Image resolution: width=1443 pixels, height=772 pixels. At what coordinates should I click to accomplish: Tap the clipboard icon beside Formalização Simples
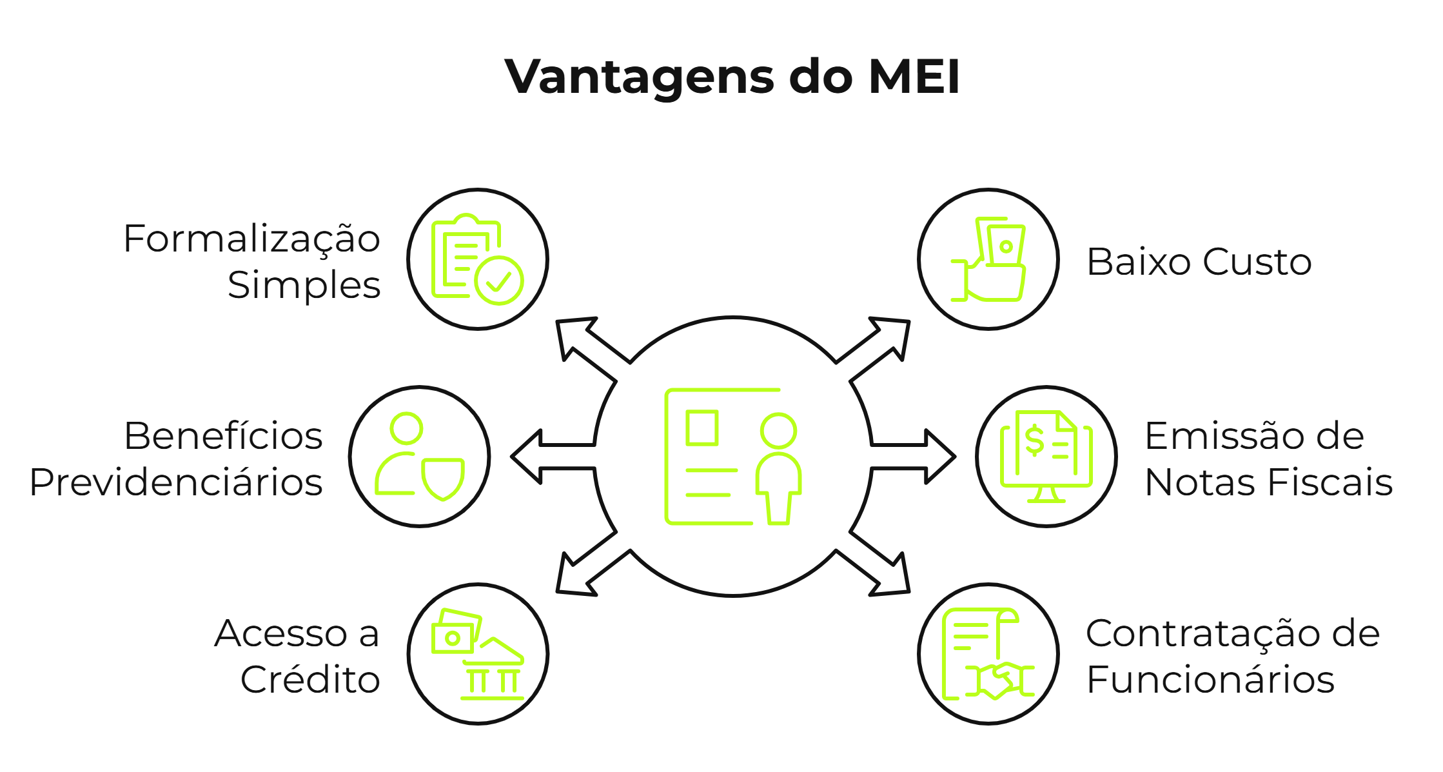[x=477, y=259]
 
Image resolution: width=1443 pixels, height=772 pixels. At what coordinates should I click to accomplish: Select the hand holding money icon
[x=988, y=259]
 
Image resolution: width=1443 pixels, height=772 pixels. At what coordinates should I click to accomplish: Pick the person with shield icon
[x=420, y=457]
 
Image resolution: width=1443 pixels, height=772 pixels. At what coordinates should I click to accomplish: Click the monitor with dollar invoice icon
[x=1046, y=457]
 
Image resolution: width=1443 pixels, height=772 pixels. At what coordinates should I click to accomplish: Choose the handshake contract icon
[x=988, y=654]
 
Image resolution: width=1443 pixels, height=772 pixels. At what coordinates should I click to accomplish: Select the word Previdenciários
[x=176, y=482]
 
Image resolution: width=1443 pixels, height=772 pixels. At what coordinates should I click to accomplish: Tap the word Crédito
[x=310, y=680]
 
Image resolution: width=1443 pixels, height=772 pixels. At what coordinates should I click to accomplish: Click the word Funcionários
[x=1210, y=680]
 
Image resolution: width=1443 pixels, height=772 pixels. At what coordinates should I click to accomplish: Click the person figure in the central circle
[x=778, y=468]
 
